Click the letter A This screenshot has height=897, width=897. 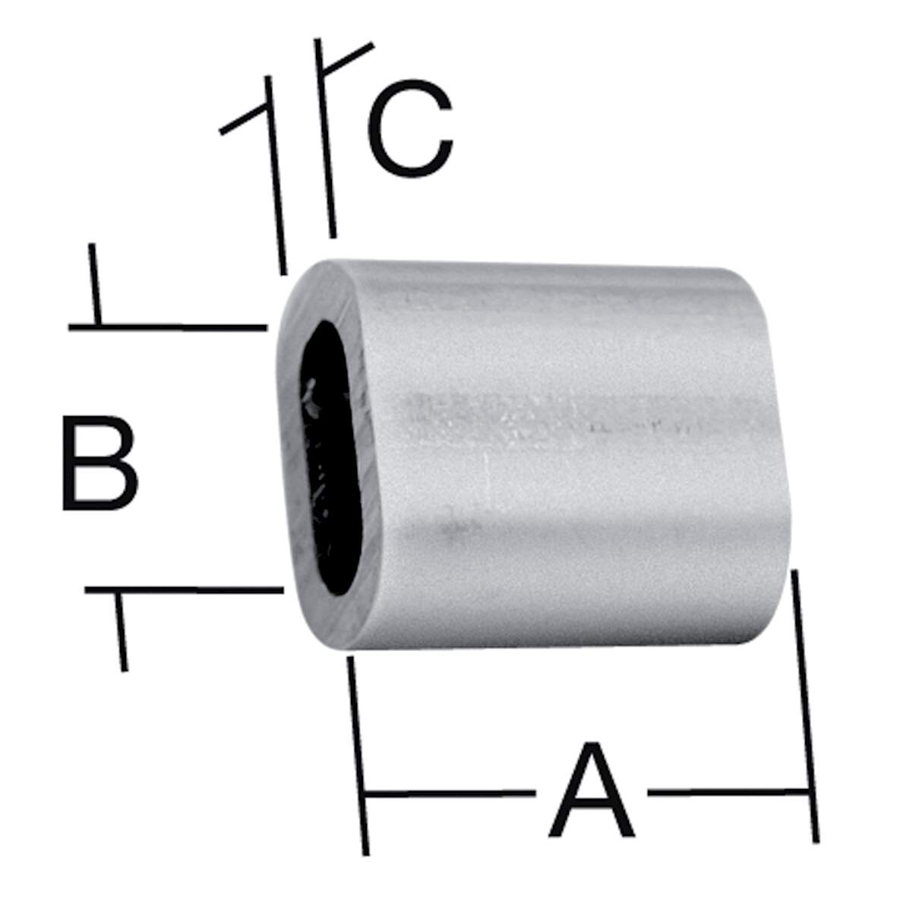[x=592, y=790]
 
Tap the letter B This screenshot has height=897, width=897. [x=99, y=463]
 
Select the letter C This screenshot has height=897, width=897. [x=411, y=128]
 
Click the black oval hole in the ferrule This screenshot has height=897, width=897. [x=331, y=458]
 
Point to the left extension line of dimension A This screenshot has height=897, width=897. [x=358, y=756]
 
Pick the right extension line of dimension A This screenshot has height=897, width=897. [x=805, y=706]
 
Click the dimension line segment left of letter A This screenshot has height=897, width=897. [x=450, y=794]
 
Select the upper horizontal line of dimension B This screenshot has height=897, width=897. [x=168, y=328]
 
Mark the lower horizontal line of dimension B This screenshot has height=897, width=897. [x=184, y=590]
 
